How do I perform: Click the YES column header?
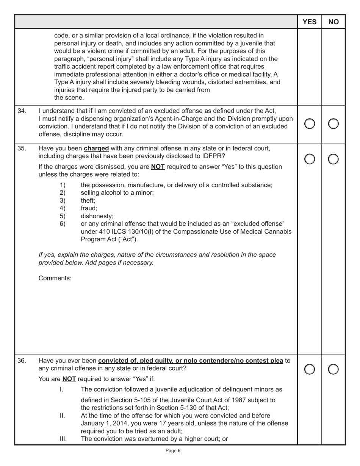click(x=309, y=22)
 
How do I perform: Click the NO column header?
click(x=333, y=22)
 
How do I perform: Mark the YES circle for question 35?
click(x=309, y=160)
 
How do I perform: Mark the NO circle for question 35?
click(x=333, y=160)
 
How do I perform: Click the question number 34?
click(x=22, y=111)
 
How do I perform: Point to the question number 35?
click(x=22, y=148)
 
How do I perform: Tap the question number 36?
click(x=22, y=360)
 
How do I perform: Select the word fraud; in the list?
click(x=89, y=208)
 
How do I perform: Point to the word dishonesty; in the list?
click(x=97, y=216)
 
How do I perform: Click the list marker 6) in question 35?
click(x=63, y=224)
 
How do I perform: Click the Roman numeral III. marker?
click(x=63, y=439)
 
